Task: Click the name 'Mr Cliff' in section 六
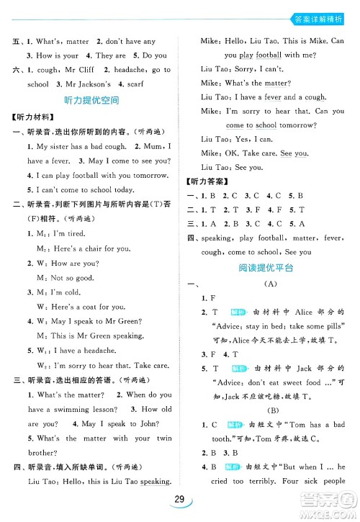(80, 70)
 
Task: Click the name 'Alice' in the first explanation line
(303, 312)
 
